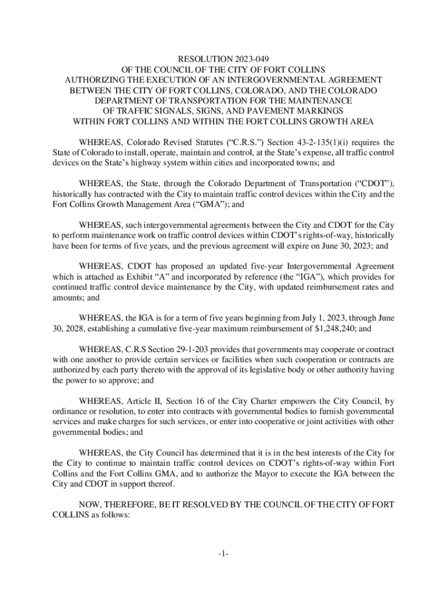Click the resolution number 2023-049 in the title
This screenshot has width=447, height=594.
pyautogui.click(x=244, y=59)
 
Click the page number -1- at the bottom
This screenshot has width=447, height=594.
pyautogui.click(x=223, y=554)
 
